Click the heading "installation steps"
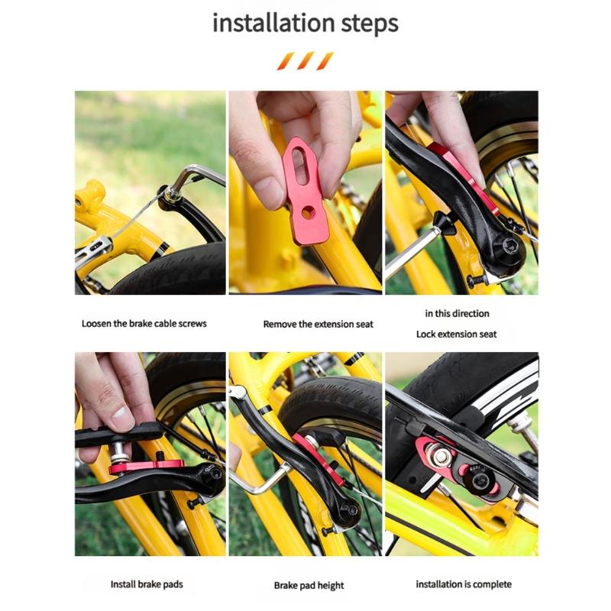click(x=305, y=23)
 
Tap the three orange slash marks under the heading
click(x=305, y=61)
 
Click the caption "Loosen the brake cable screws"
click(x=144, y=323)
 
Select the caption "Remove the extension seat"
click(x=318, y=324)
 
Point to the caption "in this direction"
click(x=457, y=313)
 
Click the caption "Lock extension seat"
click(x=456, y=334)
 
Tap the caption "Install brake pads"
click(x=147, y=584)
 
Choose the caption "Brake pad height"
click(x=309, y=586)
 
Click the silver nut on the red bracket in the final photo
click(x=441, y=457)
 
